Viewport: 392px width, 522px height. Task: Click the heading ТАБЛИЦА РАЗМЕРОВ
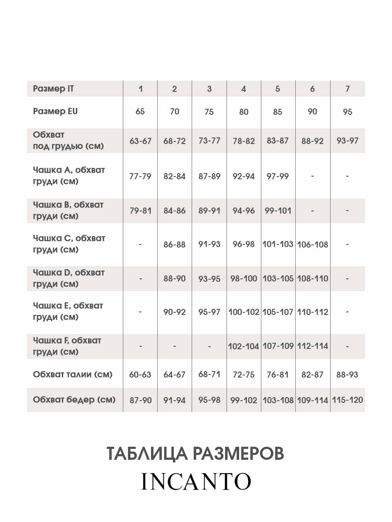click(196, 453)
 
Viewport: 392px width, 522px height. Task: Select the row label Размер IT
click(54, 89)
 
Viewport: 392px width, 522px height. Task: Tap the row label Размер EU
click(55, 111)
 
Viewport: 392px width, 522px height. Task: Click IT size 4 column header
click(243, 89)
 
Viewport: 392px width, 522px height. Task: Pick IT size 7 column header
click(347, 89)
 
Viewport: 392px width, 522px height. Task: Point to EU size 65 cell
click(140, 112)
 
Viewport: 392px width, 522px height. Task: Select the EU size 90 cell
click(312, 112)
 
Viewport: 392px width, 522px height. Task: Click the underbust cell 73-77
click(209, 141)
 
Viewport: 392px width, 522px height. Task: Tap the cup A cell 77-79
click(140, 177)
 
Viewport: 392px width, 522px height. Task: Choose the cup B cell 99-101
click(278, 211)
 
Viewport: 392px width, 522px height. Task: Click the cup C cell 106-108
click(312, 244)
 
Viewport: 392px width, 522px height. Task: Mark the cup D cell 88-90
click(175, 278)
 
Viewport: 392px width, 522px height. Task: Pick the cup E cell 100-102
click(243, 312)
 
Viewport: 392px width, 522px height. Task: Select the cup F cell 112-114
click(312, 347)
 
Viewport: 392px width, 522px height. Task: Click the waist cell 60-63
click(140, 375)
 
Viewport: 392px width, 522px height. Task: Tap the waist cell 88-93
click(347, 375)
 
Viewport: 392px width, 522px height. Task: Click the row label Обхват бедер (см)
click(74, 400)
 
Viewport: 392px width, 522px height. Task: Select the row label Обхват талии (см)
click(73, 374)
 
